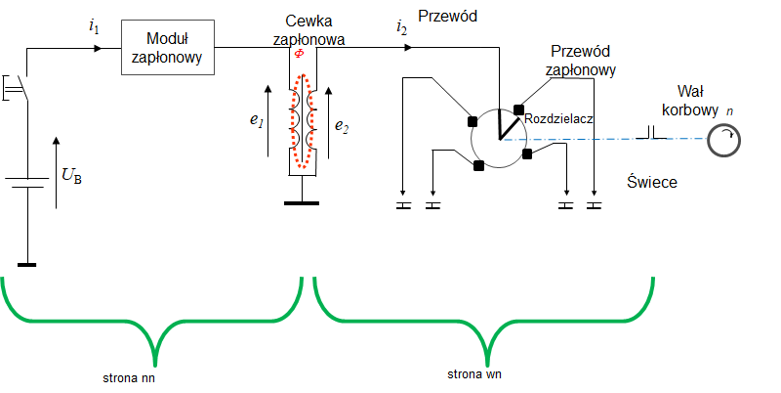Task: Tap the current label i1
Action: click(x=94, y=27)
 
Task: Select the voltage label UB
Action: click(x=71, y=176)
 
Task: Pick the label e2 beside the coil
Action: click(x=343, y=124)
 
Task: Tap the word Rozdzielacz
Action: click(x=558, y=118)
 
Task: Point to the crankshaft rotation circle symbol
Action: click(x=723, y=141)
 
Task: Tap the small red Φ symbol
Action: click(x=300, y=53)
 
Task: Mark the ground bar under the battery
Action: click(x=27, y=263)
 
